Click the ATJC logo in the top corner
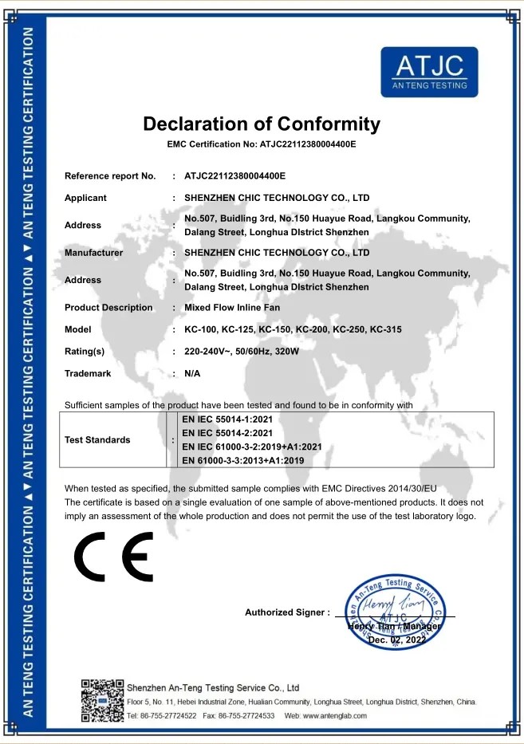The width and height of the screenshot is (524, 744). (429, 72)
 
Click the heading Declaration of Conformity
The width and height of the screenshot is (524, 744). (262, 124)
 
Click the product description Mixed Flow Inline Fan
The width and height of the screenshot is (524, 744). (232, 308)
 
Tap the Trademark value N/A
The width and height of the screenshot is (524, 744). (192, 373)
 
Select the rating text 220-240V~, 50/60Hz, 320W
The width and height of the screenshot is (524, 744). (241, 352)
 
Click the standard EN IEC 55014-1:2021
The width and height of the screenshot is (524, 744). (228, 418)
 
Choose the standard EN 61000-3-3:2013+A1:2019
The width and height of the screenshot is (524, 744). (242, 460)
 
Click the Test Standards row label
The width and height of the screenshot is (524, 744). (97, 439)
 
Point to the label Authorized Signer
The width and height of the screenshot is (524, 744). (286, 612)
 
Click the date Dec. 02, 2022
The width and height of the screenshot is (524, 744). (397, 640)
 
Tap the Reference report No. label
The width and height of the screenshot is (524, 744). (110, 175)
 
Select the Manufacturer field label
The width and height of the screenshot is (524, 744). (93, 253)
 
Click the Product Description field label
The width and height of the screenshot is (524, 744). (108, 308)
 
